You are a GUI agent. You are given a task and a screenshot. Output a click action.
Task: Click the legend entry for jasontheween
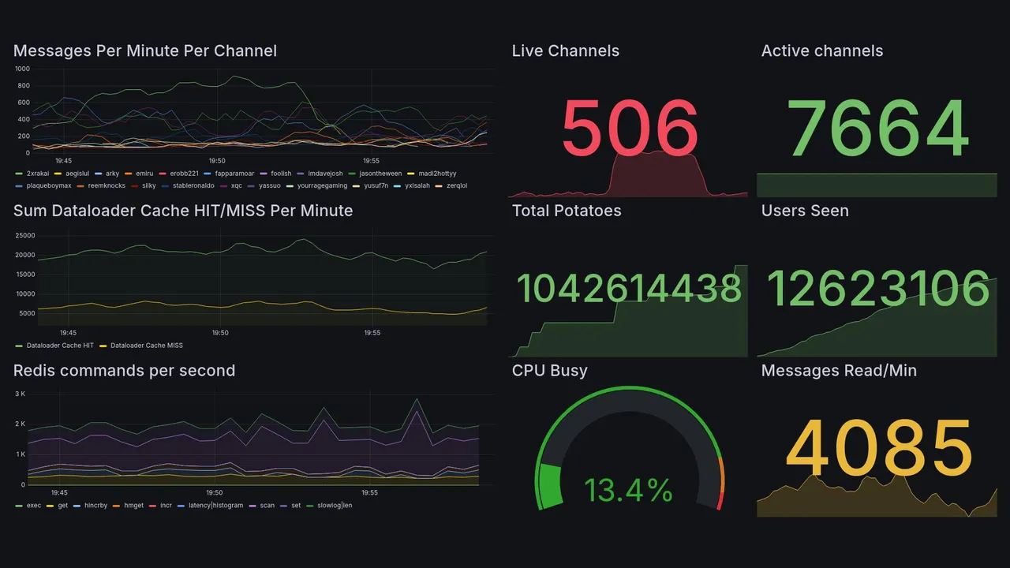380,174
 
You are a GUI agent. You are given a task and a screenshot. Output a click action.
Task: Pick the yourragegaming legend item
321,186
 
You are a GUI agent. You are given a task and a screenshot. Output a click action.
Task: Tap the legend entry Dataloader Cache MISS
146,346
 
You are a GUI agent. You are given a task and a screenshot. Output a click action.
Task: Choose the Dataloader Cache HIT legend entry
60,346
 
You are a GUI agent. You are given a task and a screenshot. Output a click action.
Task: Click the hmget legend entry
133,505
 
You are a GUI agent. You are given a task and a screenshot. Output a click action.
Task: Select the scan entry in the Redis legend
267,505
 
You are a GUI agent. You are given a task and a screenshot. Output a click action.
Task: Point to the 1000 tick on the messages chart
22,69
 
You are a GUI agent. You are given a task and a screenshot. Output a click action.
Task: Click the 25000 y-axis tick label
25,236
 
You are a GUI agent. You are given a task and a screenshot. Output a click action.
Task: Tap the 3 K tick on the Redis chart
20,393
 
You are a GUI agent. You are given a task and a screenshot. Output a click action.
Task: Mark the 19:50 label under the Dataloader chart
220,333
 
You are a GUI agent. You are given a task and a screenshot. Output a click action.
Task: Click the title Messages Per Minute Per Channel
145,51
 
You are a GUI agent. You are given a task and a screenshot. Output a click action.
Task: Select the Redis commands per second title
125,371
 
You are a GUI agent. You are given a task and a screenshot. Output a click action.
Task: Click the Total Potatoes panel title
567,211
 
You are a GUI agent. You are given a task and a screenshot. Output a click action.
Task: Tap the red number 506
630,128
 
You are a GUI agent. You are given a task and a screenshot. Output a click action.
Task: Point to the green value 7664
878,128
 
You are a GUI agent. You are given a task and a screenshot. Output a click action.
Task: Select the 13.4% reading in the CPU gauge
628,491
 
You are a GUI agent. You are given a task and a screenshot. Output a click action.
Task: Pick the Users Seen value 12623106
878,288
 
